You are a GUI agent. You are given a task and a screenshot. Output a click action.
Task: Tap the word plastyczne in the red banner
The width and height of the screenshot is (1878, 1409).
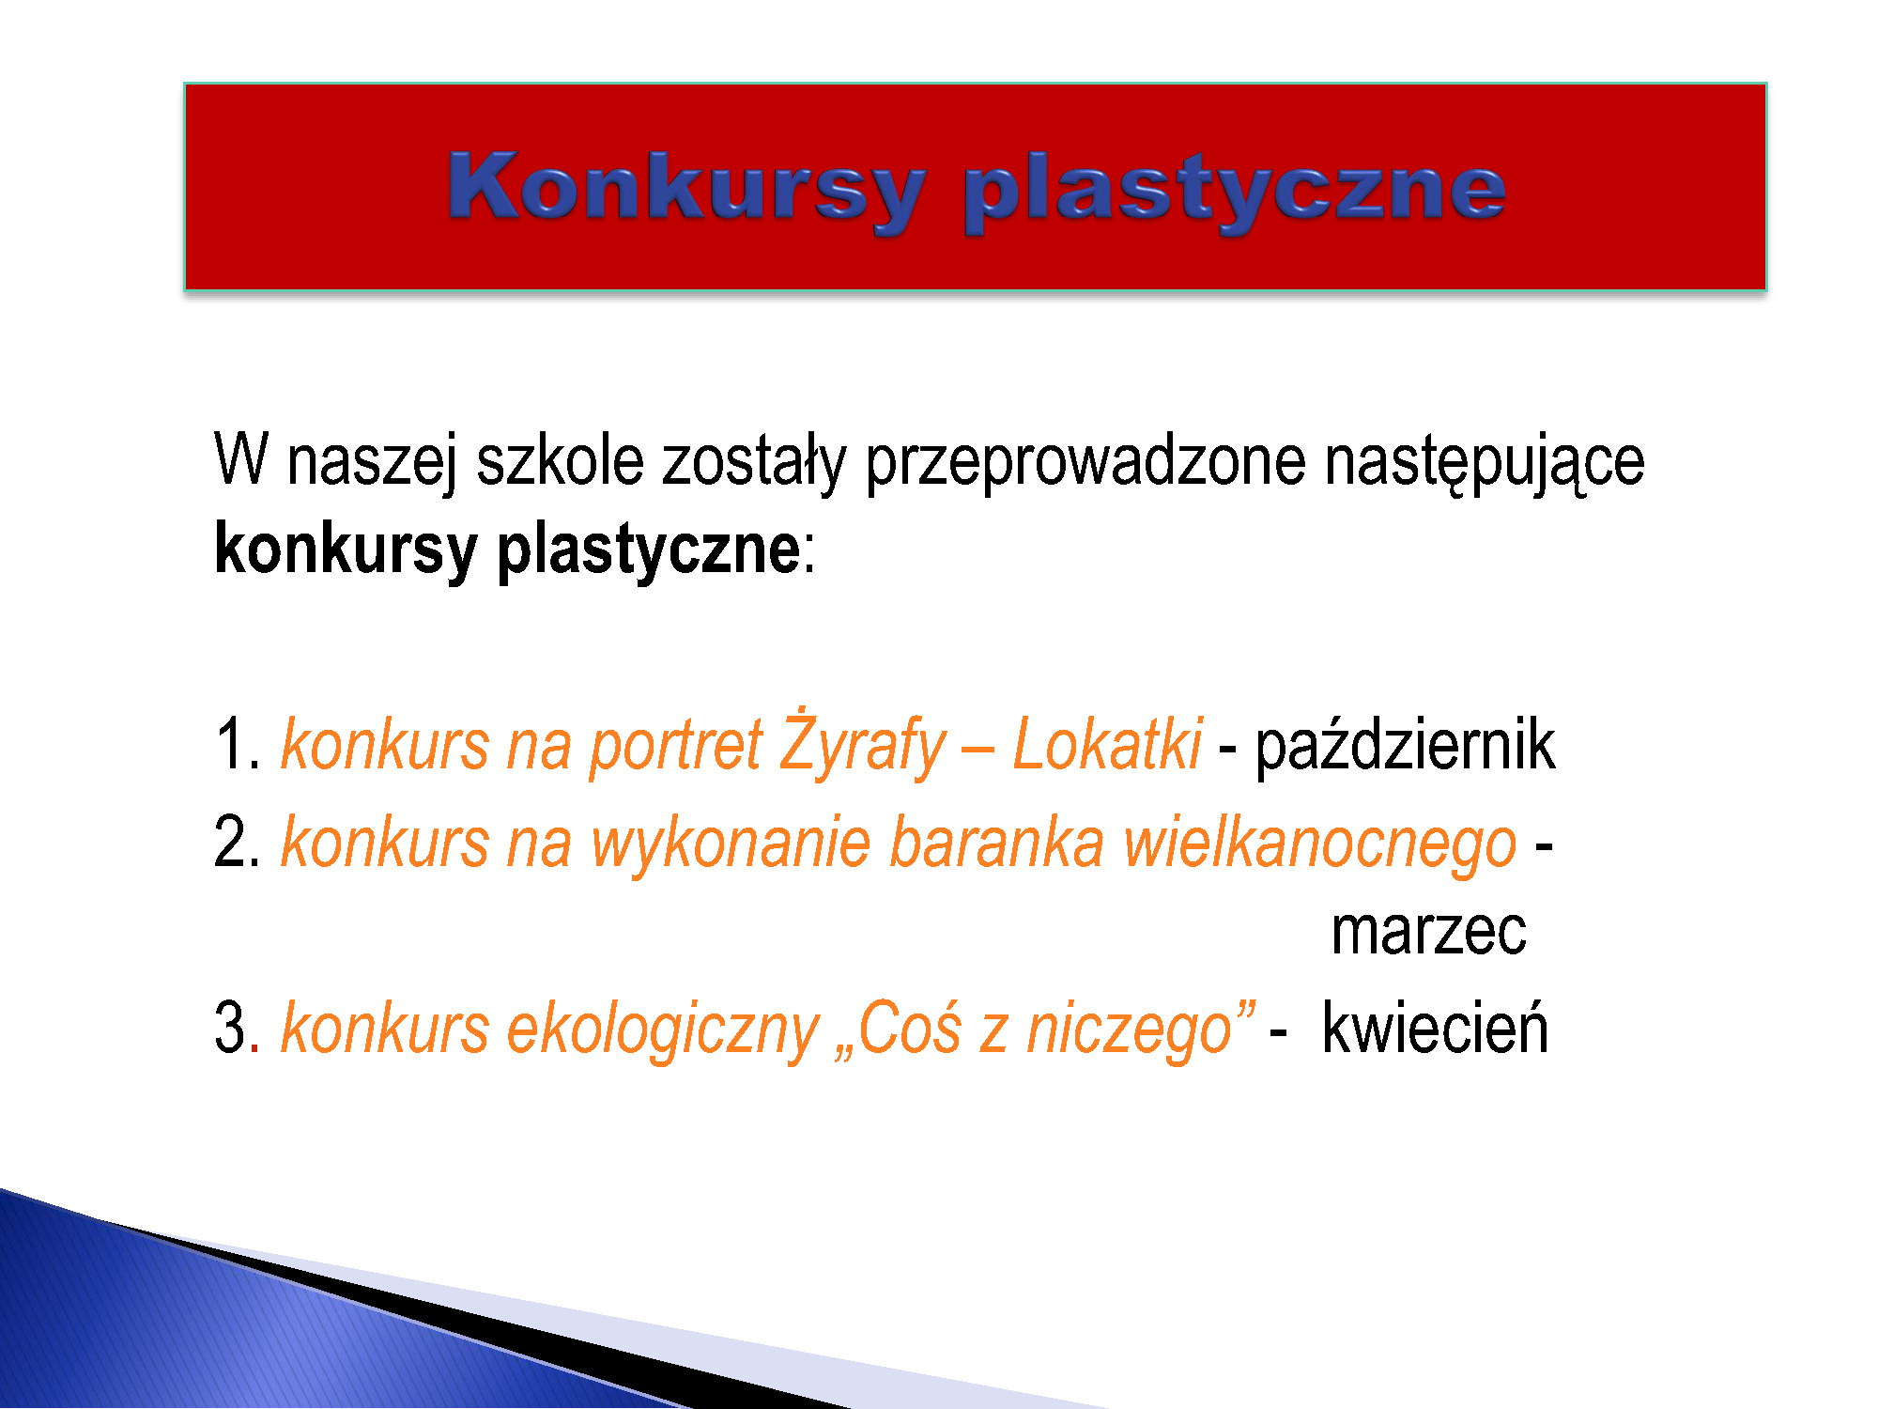coord(1236,194)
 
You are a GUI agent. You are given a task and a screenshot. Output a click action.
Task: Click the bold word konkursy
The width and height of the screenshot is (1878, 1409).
coord(346,550)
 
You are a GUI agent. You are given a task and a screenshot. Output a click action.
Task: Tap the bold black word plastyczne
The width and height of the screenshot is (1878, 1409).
coord(649,550)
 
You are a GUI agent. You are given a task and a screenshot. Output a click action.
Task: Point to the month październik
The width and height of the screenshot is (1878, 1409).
coord(1406,743)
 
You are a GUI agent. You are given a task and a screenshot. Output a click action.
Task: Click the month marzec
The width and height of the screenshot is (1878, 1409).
coord(1429,934)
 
